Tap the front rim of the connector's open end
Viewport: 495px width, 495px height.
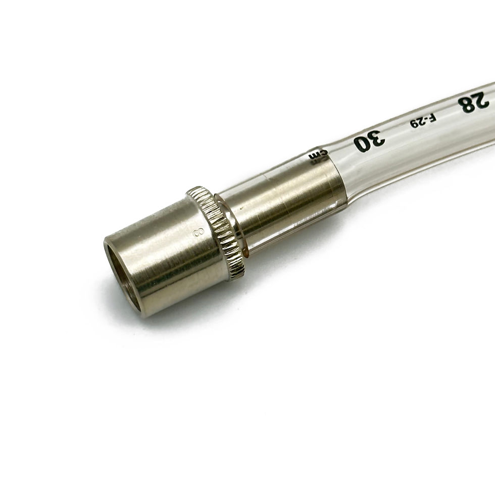click(x=109, y=253)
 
